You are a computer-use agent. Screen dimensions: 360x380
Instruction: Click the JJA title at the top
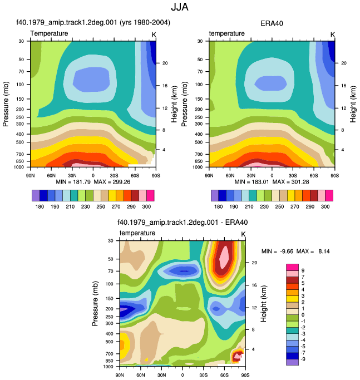point(180,7)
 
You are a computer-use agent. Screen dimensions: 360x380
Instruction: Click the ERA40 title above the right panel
point(272,23)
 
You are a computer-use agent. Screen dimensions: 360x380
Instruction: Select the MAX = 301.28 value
point(290,182)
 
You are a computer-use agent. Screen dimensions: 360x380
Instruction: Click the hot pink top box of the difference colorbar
point(292,267)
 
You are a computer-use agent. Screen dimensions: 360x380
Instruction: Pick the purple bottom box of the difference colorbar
point(292,362)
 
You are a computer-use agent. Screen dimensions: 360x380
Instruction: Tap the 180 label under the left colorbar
point(40,207)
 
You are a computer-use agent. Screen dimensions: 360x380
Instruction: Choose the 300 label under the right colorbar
point(325,207)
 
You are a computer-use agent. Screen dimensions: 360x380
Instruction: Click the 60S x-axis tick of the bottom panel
point(224,375)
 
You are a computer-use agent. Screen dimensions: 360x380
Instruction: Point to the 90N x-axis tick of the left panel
point(30,176)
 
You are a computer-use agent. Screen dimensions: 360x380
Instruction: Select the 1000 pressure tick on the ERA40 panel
point(198,167)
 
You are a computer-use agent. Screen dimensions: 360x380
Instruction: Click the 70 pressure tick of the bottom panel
point(111,271)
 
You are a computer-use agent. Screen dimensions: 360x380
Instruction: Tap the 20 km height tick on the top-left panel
point(165,63)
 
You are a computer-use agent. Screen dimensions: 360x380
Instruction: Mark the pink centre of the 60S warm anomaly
point(224,257)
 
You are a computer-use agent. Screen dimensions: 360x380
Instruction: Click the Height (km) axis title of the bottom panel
point(263,304)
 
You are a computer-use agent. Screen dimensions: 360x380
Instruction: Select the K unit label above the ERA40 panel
point(333,35)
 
